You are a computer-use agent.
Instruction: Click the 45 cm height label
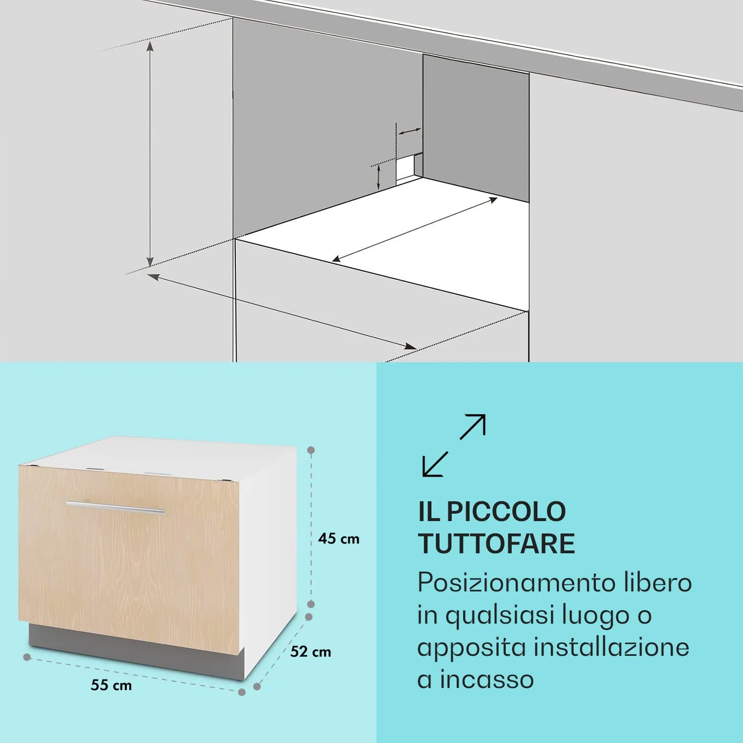(x=339, y=538)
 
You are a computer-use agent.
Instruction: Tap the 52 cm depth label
(x=311, y=651)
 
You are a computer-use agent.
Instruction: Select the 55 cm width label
(x=111, y=686)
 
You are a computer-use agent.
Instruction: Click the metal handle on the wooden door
(x=116, y=507)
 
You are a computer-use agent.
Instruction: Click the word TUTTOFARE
(x=497, y=543)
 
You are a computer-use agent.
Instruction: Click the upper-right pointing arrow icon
(x=473, y=426)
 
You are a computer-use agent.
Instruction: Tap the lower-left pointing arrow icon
(x=434, y=465)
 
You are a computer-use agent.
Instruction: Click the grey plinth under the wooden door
(x=134, y=649)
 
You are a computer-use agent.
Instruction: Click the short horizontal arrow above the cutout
(x=410, y=132)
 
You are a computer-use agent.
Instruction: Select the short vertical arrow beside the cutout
(x=378, y=177)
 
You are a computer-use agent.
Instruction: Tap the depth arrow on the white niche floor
(x=415, y=229)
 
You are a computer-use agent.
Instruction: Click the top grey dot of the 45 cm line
(x=311, y=450)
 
